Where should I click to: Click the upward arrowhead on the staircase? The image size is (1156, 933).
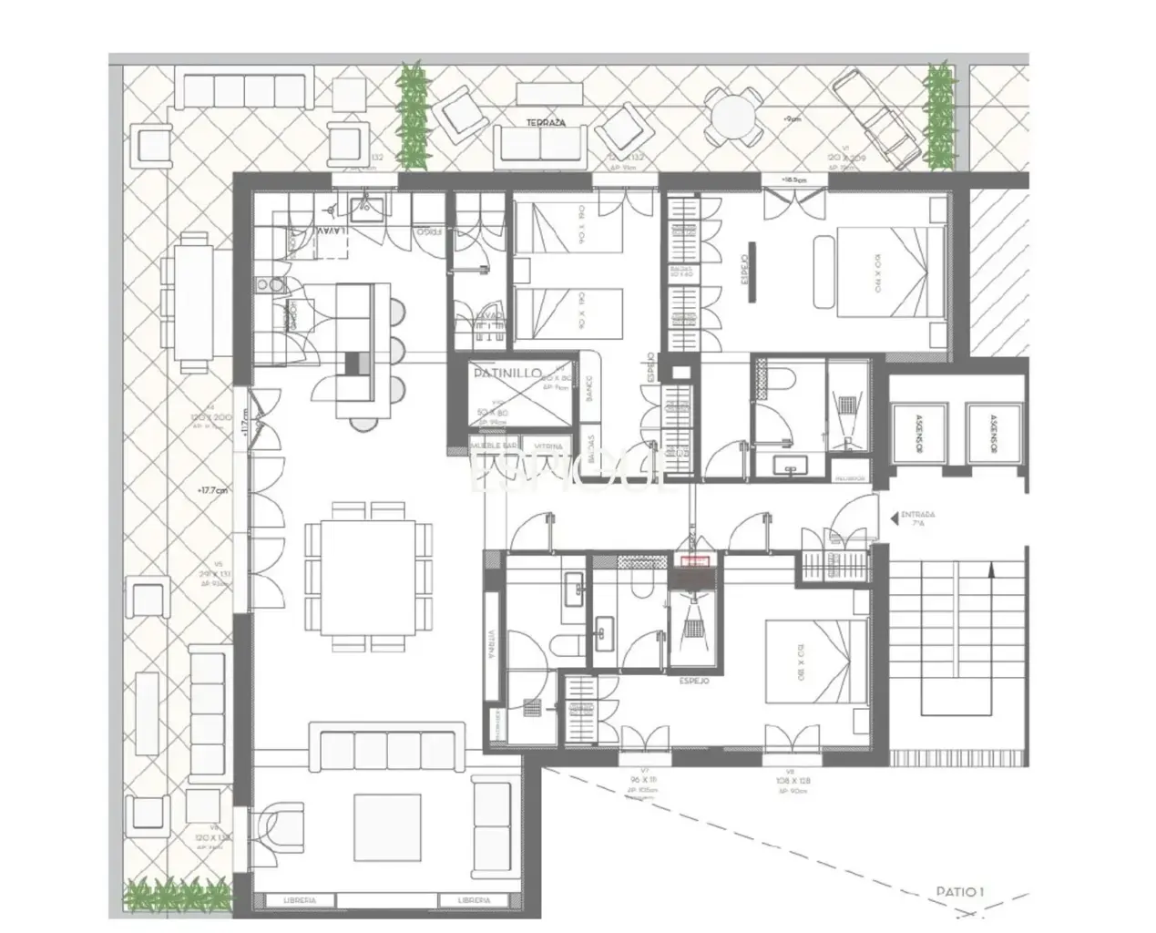coord(991,569)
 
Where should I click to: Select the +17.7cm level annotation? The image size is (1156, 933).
coord(211,489)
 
